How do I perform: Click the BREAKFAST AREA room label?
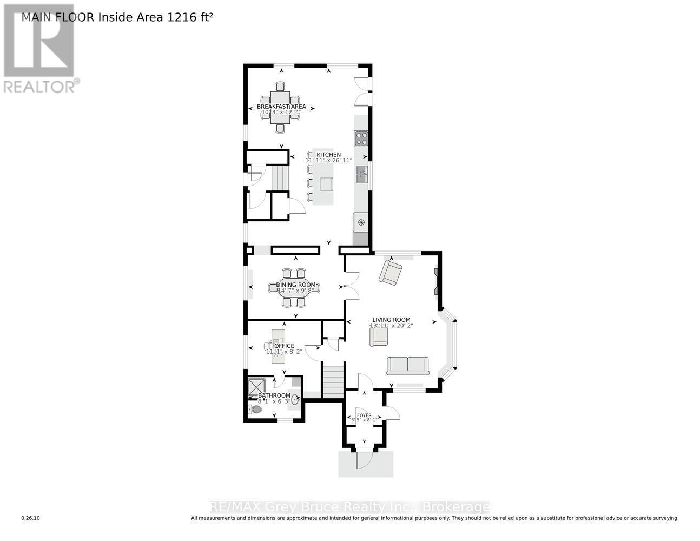[281, 107]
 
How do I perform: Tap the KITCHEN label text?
[328, 155]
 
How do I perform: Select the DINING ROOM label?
[295, 285]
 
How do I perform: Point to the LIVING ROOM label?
[391, 320]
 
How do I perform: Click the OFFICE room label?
[284, 346]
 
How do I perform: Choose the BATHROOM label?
[274, 395]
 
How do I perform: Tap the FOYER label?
[364, 415]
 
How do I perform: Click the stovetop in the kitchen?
[361, 138]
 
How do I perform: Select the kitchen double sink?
[361, 175]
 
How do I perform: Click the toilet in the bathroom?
[254, 410]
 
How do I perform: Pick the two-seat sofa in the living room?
[407, 366]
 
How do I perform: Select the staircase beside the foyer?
[333, 381]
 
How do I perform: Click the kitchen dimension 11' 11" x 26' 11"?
[328, 161]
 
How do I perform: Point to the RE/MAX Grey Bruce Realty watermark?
[349, 507]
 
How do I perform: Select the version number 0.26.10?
[30, 518]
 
